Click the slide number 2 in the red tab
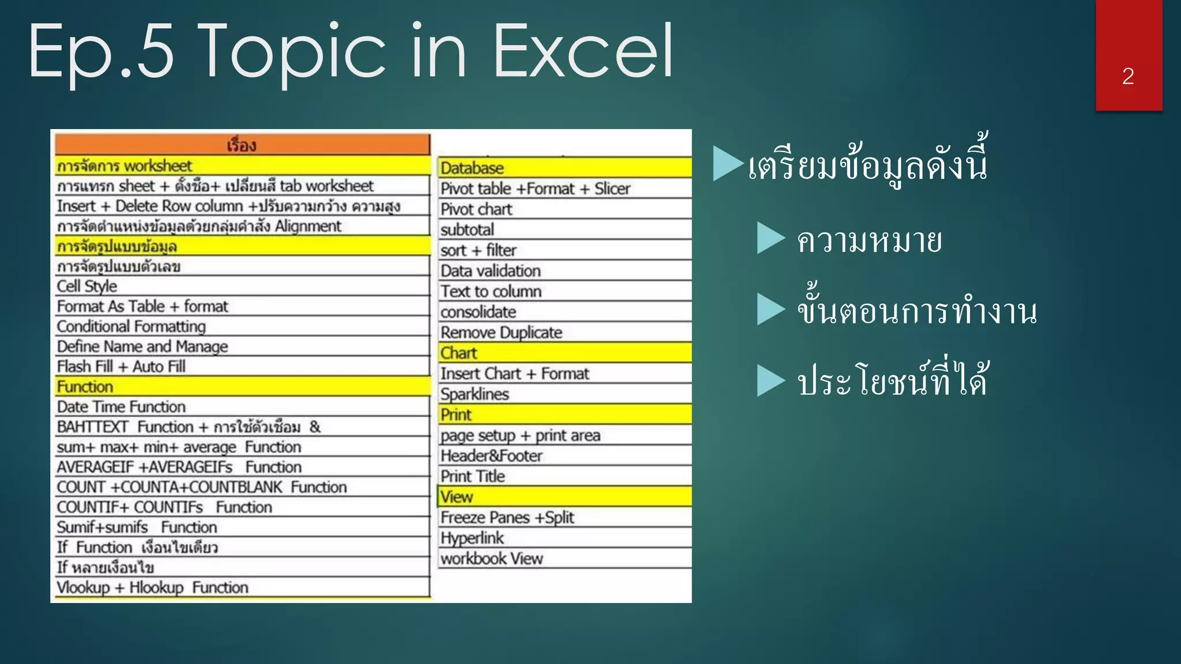click(1128, 76)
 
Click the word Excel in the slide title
click(584, 52)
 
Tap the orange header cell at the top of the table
click(242, 145)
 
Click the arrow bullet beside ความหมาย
click(771, 238)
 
